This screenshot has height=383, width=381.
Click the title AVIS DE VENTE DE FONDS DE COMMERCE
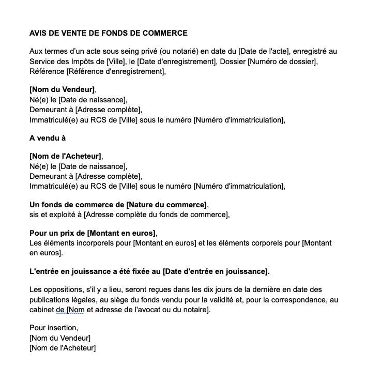[x=108, y=33]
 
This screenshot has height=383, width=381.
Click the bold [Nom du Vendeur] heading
[x=62, y=90]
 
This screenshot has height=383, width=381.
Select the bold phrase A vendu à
[x=48, y=138]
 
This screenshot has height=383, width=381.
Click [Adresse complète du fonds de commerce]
[x=156, y=215]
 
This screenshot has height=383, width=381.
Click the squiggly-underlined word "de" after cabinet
[x=59, y=310]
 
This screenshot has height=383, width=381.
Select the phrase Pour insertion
[x=53, y=328]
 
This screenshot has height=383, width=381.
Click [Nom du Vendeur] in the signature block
[x=60, y=338]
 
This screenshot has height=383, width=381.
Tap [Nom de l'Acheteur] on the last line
[x=63, y=348]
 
